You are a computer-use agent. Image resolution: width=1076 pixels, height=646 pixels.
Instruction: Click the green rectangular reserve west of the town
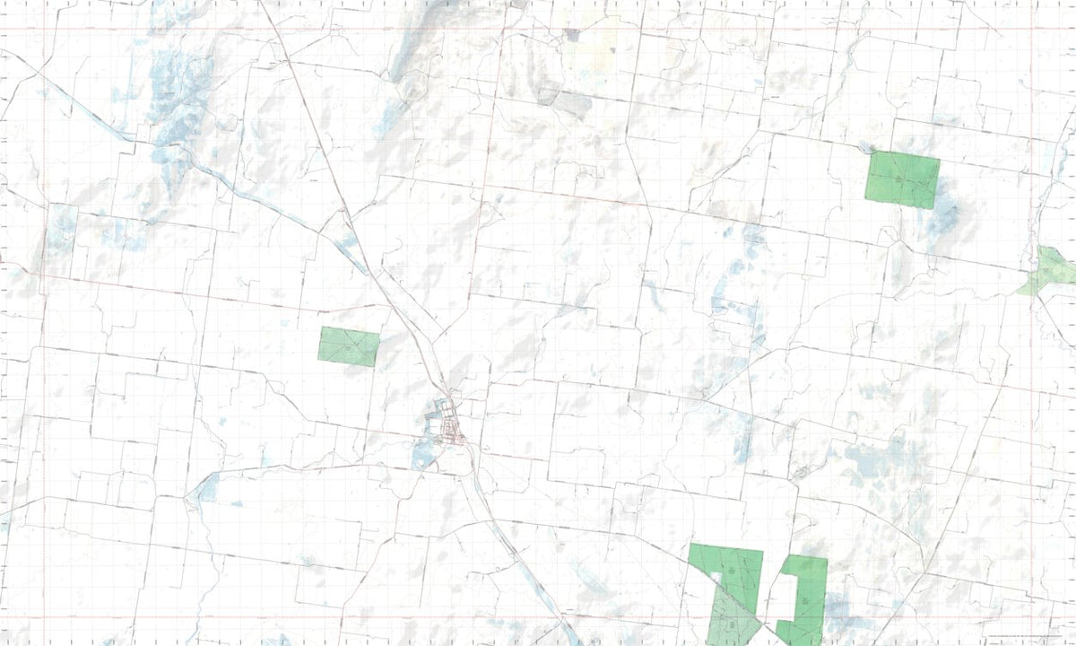[349, 346]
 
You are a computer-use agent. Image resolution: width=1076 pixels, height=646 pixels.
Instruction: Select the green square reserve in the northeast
[902, 179]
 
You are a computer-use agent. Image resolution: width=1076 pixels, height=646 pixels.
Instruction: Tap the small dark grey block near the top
[572, 36]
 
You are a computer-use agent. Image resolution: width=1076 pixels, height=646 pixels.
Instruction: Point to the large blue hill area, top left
[175, 99]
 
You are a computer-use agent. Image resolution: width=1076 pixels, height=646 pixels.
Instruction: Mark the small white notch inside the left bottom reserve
[715, 579]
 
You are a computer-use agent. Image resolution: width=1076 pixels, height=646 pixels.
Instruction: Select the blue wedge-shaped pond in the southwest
[207, 488]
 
